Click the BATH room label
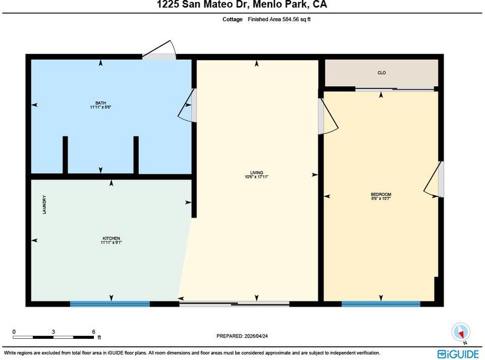tap(101, 103)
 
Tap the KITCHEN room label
tap(112, 238)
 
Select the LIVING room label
tap(256, 173)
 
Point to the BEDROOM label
tap(381, 194)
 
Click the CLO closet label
tap(381, 73)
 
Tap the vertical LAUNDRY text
tap(44, 204)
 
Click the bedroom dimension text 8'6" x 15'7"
tap(381, 199)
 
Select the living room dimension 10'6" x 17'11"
tap(256, 177)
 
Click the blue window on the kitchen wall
tap(110, 304)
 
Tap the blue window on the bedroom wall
tap(381, 304)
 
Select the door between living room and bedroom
tap(328, 116)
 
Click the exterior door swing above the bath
tap(159, 50)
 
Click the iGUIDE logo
tap(458, 354)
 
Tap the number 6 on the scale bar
tap(93, 332)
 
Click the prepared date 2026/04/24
tap(255, 336)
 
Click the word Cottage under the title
tap(232, 19)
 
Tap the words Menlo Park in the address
tap(280, 4)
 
